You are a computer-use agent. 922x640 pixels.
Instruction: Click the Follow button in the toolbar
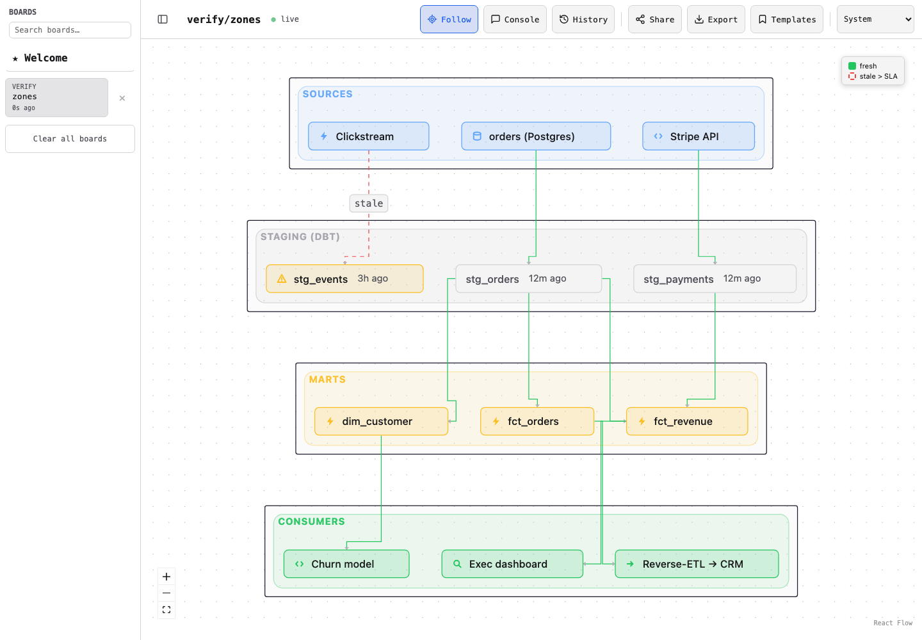pos(449,19)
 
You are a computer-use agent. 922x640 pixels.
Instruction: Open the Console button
pos(515,19)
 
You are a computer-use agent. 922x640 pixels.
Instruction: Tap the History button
pos(583,19)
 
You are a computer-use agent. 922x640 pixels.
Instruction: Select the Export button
pos(716,19)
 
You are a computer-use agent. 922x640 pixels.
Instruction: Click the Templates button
pos(786,19)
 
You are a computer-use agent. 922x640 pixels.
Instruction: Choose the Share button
pos(654,19)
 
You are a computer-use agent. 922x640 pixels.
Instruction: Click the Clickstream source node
pos(368,136)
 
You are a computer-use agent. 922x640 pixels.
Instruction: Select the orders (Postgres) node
pos(536,136)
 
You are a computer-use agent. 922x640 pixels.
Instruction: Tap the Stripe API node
pos(698,136)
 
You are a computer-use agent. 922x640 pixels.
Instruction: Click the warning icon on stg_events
pos(282,279)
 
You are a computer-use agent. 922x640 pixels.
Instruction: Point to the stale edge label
pos(368,203)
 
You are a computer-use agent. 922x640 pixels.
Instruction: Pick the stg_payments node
pos(715,279)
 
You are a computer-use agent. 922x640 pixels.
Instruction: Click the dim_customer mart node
pos(381,421)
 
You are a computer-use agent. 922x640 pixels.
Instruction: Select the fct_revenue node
pos(686,421)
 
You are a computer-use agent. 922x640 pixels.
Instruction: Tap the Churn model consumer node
pos(346,564)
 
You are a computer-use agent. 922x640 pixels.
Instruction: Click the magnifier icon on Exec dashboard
pos(457,564)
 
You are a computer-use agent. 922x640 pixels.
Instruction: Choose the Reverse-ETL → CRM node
pos(697,564)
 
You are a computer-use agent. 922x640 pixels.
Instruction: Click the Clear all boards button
pos(70,139)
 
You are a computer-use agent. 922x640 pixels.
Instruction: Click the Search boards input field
pos(70,30)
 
